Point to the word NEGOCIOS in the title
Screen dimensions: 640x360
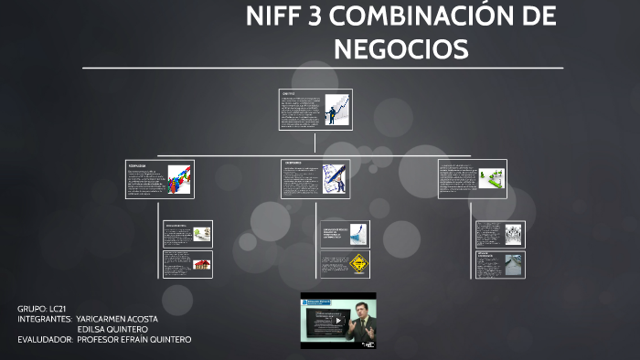[401, 48]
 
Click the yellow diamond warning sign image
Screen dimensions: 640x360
[359, 265]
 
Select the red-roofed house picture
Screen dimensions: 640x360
[200, 265]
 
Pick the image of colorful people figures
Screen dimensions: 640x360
[178, 178]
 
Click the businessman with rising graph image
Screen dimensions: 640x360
[336, 109]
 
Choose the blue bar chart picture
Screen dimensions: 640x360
[359, 233]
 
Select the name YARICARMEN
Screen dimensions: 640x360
[101, 319]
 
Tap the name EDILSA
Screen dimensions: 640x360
[91, 329]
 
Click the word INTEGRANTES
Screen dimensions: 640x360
[45, 319]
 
